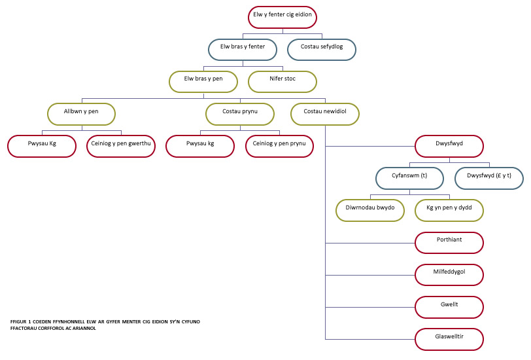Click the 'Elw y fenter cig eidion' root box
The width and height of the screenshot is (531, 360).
pyautogui.click(x=283, y=17)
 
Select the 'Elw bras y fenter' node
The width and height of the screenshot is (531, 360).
pyautogui.click(x=243, y=50)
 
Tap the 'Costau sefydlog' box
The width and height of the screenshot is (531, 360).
pyautogui.click(x=322, y=50)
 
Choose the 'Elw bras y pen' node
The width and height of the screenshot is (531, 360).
pyautogui.click(x=203, y=82)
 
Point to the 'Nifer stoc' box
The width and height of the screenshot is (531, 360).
pyautogui.click(x=283, y=82)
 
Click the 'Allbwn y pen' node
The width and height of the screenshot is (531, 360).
pyautogui.click(x=81, y=115)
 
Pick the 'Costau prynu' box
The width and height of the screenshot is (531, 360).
pyautogui.click(x=240, y=115)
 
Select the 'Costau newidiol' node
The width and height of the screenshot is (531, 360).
pyautogui.click(x=325, y=115)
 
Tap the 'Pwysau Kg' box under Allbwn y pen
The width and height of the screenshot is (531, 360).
pyautogui.click(x=42, y=147)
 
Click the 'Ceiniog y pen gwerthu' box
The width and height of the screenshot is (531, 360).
pyautogui.click(x=121, y=147)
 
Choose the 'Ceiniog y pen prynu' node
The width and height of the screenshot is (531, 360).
pyautogui.click(x=279, y=147)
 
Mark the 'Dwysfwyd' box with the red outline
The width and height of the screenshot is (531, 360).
pyautogui.click(x=449, y=147)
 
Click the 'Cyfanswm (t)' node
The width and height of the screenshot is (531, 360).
pyautogui.click(x=410, y=178)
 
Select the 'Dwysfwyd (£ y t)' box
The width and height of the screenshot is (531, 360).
pyautogui.click(x=489, y=178)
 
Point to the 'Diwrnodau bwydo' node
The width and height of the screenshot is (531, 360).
pyautogui.click(x=370, y=211)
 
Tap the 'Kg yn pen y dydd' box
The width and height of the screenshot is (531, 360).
pyautogui.click(x=449, y=211)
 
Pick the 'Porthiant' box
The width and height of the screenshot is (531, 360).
pyautogui.click(x=449, y=243)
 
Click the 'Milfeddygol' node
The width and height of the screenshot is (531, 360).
pyautogui.click(x=449, y=275)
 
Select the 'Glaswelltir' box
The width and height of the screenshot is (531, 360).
pyautogui.click(x=449, y=339)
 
